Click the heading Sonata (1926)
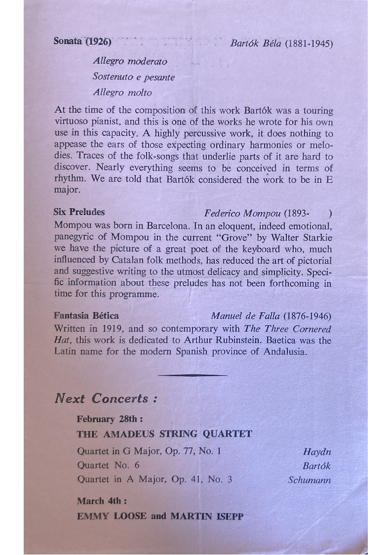(x=82, y=41)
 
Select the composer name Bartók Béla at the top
(x=256, y=43)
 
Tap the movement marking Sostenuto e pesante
(x=134, y=77)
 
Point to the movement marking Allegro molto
(x=122, y=92)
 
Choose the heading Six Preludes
(x=79, y=212)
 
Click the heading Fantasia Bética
(x=86, y=315)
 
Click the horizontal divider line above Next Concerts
(x=193, y=375)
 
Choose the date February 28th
(x=110, y=419)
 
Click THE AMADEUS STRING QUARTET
(x=164, y=434)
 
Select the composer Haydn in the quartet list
(x=317, y=452)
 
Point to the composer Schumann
(x=310, y=480)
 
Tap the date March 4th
(x=99, y=501)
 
